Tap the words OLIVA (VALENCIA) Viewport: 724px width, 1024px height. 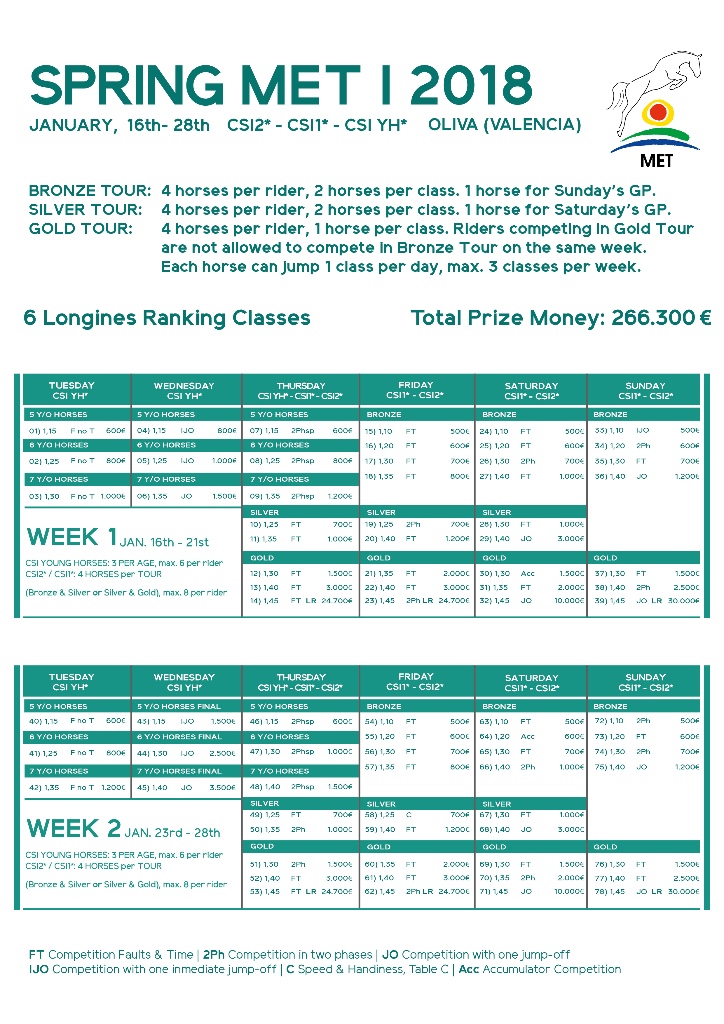(504, 125)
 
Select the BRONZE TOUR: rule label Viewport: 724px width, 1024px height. (90, 190)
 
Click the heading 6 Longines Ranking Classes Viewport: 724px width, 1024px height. (167, 318)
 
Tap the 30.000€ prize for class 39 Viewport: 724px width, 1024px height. (682, 600)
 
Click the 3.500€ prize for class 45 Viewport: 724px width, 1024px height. (222, 787)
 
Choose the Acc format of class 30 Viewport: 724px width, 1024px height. (527, 574)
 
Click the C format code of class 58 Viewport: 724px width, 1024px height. (408, 815)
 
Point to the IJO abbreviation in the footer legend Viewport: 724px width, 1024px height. (39, 969)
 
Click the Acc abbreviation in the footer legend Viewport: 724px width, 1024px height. (468, 969)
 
